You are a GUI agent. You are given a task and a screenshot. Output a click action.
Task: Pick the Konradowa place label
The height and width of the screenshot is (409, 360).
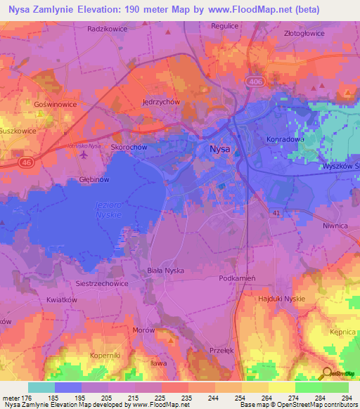point(285,139)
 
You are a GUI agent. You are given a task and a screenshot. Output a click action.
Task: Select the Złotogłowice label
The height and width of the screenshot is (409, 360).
point(308,32)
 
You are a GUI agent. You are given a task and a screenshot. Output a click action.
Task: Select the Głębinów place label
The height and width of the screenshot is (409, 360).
point(92,180)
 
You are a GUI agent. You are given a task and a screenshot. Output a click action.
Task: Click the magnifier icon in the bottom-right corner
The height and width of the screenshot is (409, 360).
point(327,374)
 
